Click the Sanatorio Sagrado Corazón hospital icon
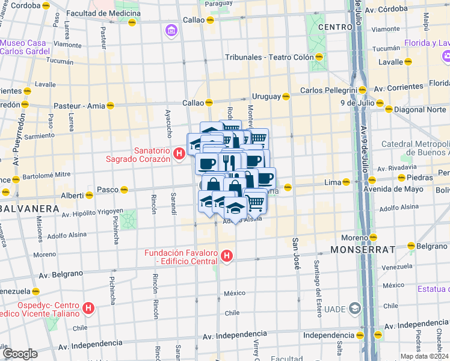pyautogui.click(x=179, y=155)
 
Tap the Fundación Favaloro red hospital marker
pyautogui.click(x=227, y=257)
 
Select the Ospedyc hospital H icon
pyautogui.click(x=88, y=309)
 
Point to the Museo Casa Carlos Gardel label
pyautogui.click(x=23, y=47)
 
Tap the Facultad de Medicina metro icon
pyautogui.click(x=132, y=22)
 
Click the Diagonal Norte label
pyautogui.click(x=419, y=110)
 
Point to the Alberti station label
pyautogui.click(x=72, y=196)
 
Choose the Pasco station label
pyautogui.click(x=108, y=189)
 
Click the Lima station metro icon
pyautogui.click(x=347, y=182)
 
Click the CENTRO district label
pyautogui.click(x=335, y=27)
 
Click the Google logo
pyautogui.click(x=20, y=353)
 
